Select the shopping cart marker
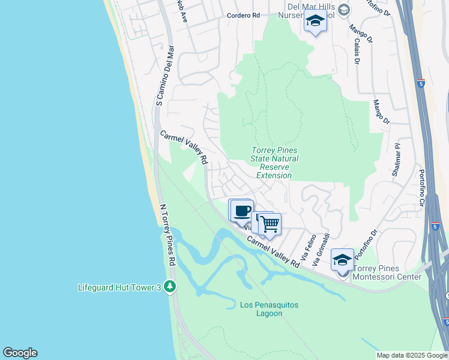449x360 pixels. [270, 224]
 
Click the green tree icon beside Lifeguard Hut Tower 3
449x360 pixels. [170, 287]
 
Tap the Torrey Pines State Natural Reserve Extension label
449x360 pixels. [274, 163]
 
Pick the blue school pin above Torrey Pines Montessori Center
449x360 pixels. [342, 260]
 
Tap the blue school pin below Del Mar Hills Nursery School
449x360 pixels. [315, 21]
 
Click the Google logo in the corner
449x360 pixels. [20, 353]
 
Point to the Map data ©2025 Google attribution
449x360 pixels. [411, 355]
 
